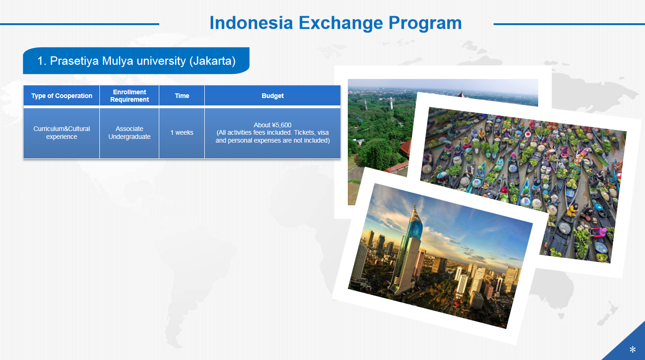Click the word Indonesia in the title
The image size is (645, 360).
(x=251, y=23)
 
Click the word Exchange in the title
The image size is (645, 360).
(x=341, y=24)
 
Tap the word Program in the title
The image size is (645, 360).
(x=425, y=24)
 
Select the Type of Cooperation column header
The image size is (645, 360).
(x=62, y=96)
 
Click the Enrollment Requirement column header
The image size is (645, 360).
(x=130, y=96)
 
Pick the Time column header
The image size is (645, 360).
(x=182, y=96)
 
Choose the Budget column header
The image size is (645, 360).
(x=273, y=96)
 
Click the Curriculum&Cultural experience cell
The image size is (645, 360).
(x=62, y=133)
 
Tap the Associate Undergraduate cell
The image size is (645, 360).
(x=130, y=133)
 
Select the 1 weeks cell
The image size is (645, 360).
(x=182, y=132)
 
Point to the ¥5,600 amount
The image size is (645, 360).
(x=281, y=125)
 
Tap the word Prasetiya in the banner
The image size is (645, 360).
(x=74, y=61)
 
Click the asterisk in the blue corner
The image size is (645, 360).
(x=632, y=349)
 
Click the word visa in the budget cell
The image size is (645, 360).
(x=323, y=132)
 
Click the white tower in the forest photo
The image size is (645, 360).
(x=391, y=103)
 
